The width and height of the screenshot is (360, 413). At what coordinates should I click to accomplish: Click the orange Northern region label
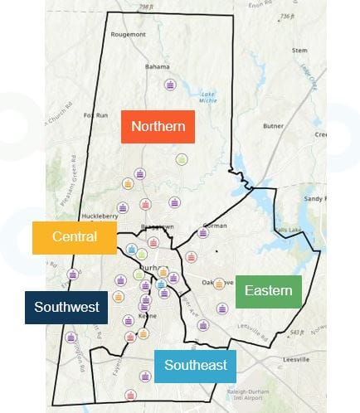click(x=158, y=127)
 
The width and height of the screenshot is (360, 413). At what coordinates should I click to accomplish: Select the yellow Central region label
click(x=75, y=237)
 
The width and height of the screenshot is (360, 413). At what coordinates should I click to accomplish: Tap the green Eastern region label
click(x=269, y=291)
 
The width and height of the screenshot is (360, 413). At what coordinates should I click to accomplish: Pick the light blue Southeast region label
click(x=195, y=365)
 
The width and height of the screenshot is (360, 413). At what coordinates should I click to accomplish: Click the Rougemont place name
click(x=129, y=34)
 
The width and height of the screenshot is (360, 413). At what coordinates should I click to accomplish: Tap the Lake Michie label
click(x=208, y=100)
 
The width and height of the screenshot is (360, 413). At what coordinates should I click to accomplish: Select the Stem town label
click(x=299, y=51)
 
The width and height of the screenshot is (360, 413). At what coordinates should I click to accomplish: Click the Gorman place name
click(x=215, y=226)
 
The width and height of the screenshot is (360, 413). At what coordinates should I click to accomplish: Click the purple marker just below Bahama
click(x=170, y=85)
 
